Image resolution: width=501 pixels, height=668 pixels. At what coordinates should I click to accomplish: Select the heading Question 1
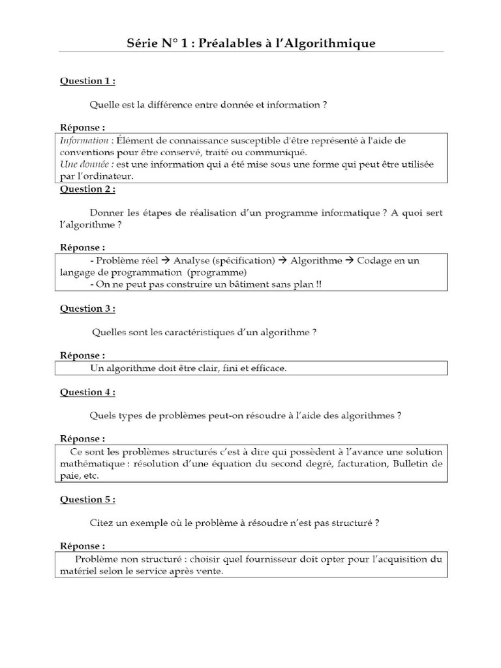tap(87, 82)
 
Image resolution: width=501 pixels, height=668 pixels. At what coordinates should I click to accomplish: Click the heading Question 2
tap(87, 189)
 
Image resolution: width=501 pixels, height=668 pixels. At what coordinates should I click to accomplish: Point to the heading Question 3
tap(87, 309)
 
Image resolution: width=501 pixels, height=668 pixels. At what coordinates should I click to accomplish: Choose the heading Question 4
tap(87, 392)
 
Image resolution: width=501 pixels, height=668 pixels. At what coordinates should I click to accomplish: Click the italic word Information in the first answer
tap(84, 140)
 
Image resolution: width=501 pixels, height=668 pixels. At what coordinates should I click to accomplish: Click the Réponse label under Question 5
tap(82, 545)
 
